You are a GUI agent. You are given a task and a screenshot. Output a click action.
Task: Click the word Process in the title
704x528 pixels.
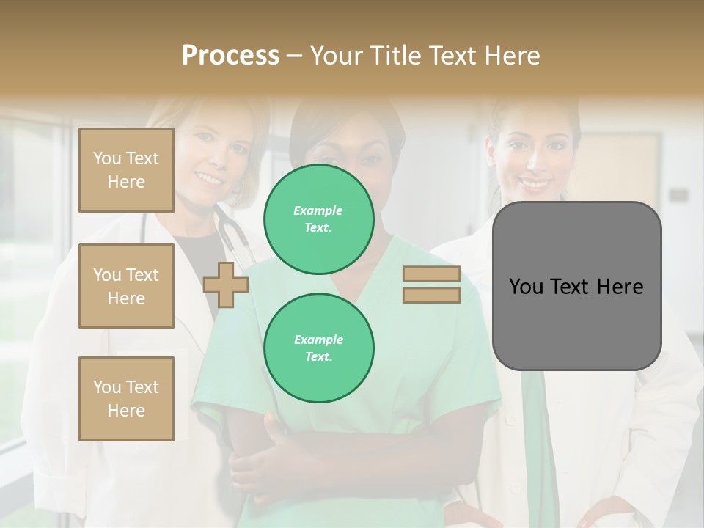coord(230,56)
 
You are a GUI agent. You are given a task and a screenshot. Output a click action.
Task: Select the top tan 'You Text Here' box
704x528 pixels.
coord(126,170)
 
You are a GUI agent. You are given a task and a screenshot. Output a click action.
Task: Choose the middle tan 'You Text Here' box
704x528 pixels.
coord(126,286)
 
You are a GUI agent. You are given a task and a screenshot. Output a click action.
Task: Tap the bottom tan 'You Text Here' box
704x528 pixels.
coord(126,399)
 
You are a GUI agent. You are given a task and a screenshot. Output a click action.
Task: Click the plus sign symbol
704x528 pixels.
coord(226,285)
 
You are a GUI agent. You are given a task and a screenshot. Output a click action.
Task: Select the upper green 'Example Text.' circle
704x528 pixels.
coord(319,219)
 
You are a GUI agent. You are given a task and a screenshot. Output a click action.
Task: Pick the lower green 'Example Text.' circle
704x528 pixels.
coord(319,348)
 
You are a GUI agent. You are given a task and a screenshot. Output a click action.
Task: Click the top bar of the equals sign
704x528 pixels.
coord(431,274)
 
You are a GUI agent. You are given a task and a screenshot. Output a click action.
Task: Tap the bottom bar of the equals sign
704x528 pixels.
coord(431,296)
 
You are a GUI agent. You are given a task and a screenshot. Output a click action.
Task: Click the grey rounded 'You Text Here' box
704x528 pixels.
coord(576,286)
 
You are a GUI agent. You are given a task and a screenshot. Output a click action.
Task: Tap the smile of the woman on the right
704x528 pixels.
coord(535,183)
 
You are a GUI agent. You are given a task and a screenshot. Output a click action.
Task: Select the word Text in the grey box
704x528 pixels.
coord(572,287)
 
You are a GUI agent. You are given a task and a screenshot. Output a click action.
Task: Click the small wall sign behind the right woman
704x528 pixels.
coord(678,195)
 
